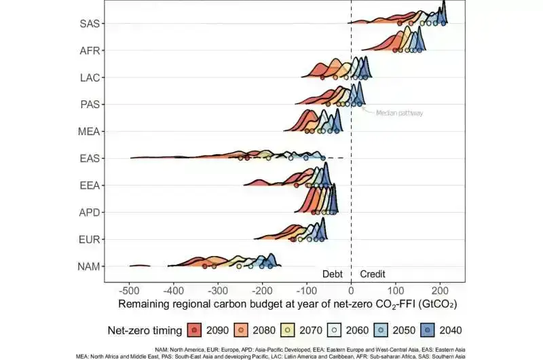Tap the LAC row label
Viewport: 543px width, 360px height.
[90, 77]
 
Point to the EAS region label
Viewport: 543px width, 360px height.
[90, 158]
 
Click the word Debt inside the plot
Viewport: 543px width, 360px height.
[333, 274]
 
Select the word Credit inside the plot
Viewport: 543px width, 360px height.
[372, 274]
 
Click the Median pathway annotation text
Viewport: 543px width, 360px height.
[400, 113]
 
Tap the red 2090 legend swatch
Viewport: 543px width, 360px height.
[195, 330]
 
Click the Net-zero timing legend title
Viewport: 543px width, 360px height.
[144, 330]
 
